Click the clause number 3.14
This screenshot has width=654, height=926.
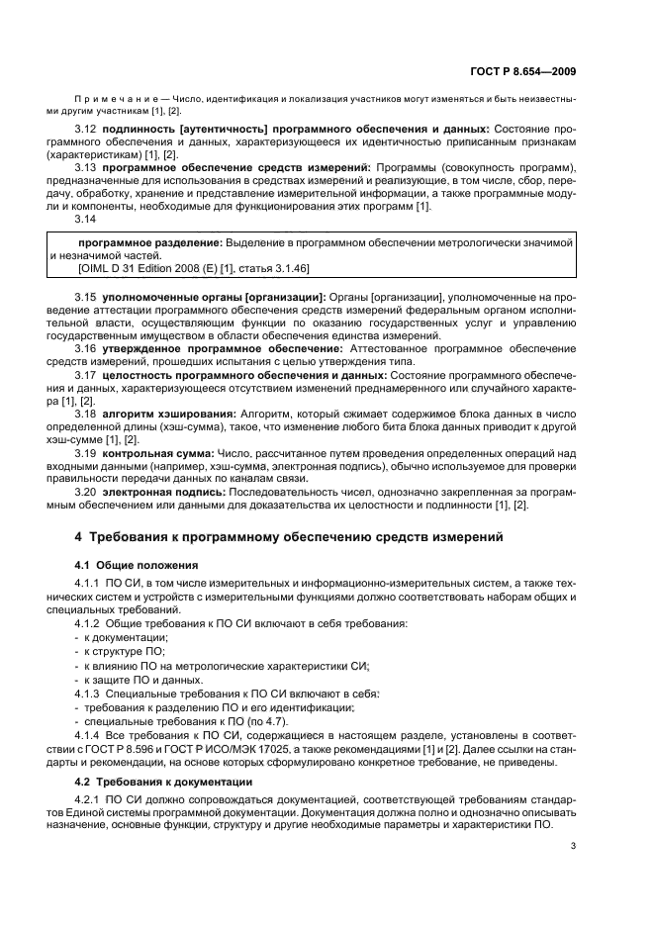86,220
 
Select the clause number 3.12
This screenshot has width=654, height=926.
86,129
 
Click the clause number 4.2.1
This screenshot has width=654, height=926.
91,799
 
